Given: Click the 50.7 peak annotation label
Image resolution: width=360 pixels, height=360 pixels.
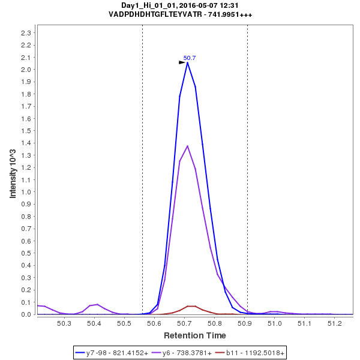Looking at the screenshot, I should coord(190,58).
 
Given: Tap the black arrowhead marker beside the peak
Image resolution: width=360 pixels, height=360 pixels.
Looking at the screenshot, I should coord(182,62).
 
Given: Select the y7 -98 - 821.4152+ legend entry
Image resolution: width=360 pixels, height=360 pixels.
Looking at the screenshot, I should coord(113,352).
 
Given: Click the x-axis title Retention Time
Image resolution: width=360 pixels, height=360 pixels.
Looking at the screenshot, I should coord(195,335).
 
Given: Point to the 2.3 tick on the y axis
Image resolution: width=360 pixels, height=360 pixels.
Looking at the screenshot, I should coord(26,32).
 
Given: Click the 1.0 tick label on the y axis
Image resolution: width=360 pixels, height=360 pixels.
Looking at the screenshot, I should coord(26,192).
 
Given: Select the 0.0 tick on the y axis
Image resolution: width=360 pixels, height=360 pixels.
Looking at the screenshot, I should coord(26,314).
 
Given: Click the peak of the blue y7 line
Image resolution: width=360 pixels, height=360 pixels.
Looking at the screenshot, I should coord(187,62).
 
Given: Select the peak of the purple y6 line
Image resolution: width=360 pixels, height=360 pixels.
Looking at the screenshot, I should coord(188,146).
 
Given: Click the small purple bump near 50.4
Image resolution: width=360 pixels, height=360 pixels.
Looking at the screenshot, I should coord(97,304).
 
